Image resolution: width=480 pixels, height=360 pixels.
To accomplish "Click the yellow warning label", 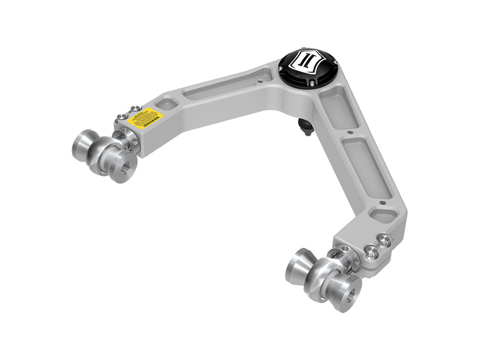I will point(143,118).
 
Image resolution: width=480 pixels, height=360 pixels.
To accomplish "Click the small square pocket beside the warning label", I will point(166,104).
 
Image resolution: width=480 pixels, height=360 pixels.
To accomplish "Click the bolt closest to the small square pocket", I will point(135,109).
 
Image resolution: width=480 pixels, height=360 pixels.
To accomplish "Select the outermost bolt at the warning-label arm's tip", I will point(121,117).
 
